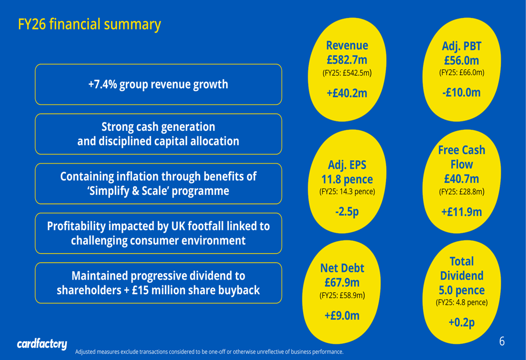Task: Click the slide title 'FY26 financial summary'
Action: [x=89, y=25]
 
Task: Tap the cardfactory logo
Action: [x=42, y=345]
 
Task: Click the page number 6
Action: [x=502, y=342]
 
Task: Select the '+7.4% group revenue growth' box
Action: [x=158, y=84]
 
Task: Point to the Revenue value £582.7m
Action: [x=347, y=60]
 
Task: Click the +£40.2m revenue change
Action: [x=347, y=93]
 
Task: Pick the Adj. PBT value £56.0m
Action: [x=461, y=60]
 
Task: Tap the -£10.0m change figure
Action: [x=461, y=92]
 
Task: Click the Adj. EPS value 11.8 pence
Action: [x=347, y=180]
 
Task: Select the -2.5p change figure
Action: [x=347, y=212]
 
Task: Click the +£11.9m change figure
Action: [x=461, y=212]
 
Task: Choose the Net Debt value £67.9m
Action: [x=342, y=283]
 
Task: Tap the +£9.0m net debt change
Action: [x=342, y=315]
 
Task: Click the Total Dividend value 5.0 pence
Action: [x=461, y=290]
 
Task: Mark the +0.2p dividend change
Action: [x=461, y=322]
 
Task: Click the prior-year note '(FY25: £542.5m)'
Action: [x=347, y=73]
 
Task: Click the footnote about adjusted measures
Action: [x=209, y=352]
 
